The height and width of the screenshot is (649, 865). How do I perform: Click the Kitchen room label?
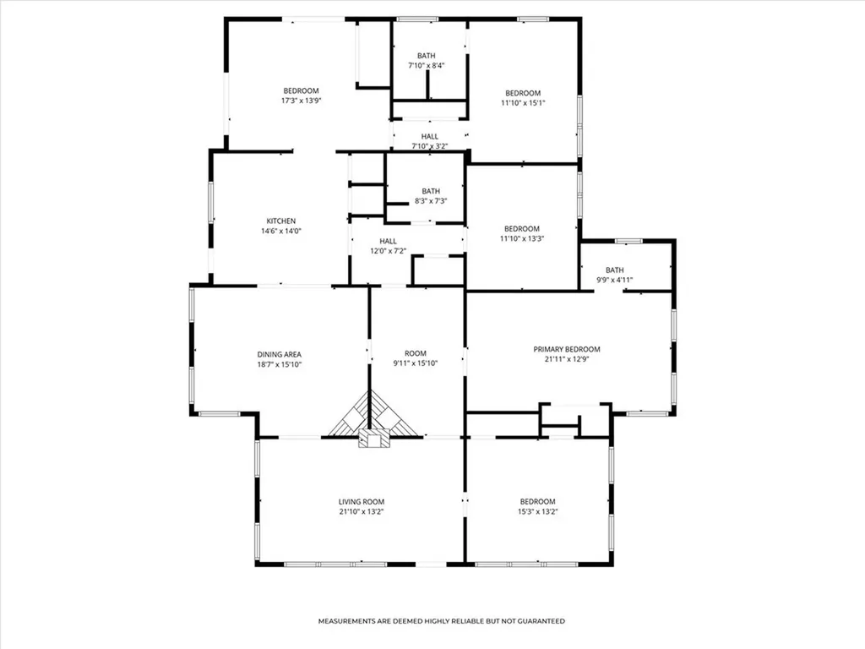tap(280, 221)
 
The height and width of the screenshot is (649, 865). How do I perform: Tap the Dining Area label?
tap(279, 355)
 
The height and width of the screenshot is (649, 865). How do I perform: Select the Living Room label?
tap(362, 502)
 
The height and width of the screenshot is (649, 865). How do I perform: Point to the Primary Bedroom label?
tap(567, 349)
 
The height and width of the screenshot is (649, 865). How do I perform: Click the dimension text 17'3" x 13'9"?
tap(302, 101)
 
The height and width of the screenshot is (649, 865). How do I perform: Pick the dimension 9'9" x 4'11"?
tap(615, 281)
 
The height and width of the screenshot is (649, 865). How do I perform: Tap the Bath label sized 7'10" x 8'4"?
tap(426, 56)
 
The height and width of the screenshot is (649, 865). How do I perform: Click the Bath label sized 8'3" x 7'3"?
tap(431, 192)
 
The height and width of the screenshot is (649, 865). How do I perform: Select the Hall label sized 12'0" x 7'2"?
tap(388, 241)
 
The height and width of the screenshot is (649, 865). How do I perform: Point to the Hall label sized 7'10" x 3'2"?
tap(430, 136)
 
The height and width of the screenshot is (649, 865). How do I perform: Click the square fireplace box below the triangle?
tap(374, 439)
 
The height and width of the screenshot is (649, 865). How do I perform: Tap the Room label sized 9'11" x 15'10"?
tap(416, 354)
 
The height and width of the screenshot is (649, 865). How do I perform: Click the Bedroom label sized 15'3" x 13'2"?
tap(538, 502)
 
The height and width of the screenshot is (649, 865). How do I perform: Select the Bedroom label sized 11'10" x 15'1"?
tap(523, 93)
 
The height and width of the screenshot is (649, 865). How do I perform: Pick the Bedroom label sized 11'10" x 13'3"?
tap(522, 229)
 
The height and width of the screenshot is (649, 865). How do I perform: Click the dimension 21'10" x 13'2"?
tap(362, 512)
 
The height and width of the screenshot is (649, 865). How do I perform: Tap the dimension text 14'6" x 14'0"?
tap(281, 232)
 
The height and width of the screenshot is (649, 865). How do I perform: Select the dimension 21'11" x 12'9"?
tap(567, 359)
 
